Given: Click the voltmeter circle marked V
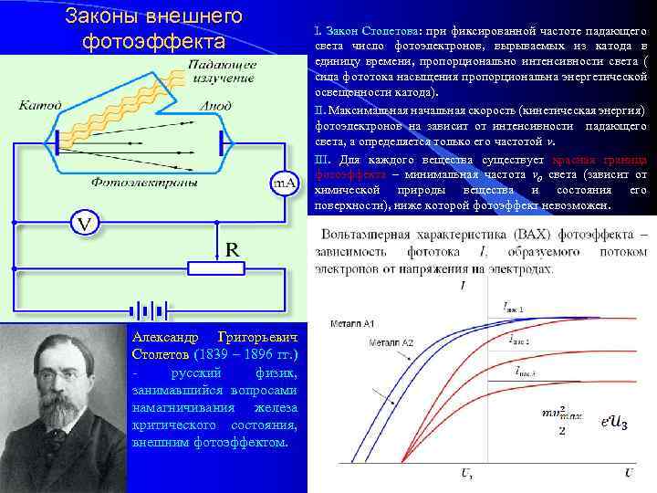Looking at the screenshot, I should (x=83, y=223).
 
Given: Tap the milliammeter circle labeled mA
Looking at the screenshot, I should (x=285, y=184).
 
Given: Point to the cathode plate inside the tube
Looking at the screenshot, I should (x=58, y=142).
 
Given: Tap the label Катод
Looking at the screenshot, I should (x=42, y=106).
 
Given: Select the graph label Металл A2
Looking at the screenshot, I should (x=391, y=342).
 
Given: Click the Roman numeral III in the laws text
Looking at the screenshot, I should (x=321, y=159).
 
